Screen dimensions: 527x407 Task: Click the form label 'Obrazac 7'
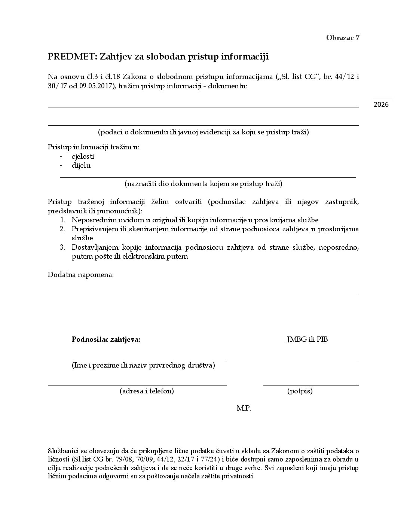click(x=343, y=37)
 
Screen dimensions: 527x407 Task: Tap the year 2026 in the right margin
click(x=381, y=104)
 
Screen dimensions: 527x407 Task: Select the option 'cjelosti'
click(x=83, y=156)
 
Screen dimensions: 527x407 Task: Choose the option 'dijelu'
click(x=81, y=165)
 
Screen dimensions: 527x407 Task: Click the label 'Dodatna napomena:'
click(x=81, y=275)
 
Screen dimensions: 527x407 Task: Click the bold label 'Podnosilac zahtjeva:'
click(x=106, y=339)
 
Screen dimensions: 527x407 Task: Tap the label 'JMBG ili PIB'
click(x=307, y=339)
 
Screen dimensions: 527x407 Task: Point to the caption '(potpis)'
click(x=300, y=391)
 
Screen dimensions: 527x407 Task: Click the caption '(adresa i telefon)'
click(x=147, y=391)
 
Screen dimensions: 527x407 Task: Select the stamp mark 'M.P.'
click(x=244, y=408)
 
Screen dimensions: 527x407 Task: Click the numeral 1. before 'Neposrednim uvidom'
click(x=62, y=220)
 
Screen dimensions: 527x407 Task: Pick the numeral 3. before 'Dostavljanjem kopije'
click(x=62, y=247)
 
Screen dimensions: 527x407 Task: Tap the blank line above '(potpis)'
click(x=311, y=385)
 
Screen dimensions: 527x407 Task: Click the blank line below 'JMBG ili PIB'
click(x=311, y=359)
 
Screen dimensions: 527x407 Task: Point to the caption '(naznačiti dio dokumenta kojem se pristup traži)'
click(x=203, y=184)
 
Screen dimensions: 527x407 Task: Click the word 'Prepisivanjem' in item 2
click(x=94, y=229)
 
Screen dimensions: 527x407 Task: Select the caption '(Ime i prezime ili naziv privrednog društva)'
click(x=143, y=365)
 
